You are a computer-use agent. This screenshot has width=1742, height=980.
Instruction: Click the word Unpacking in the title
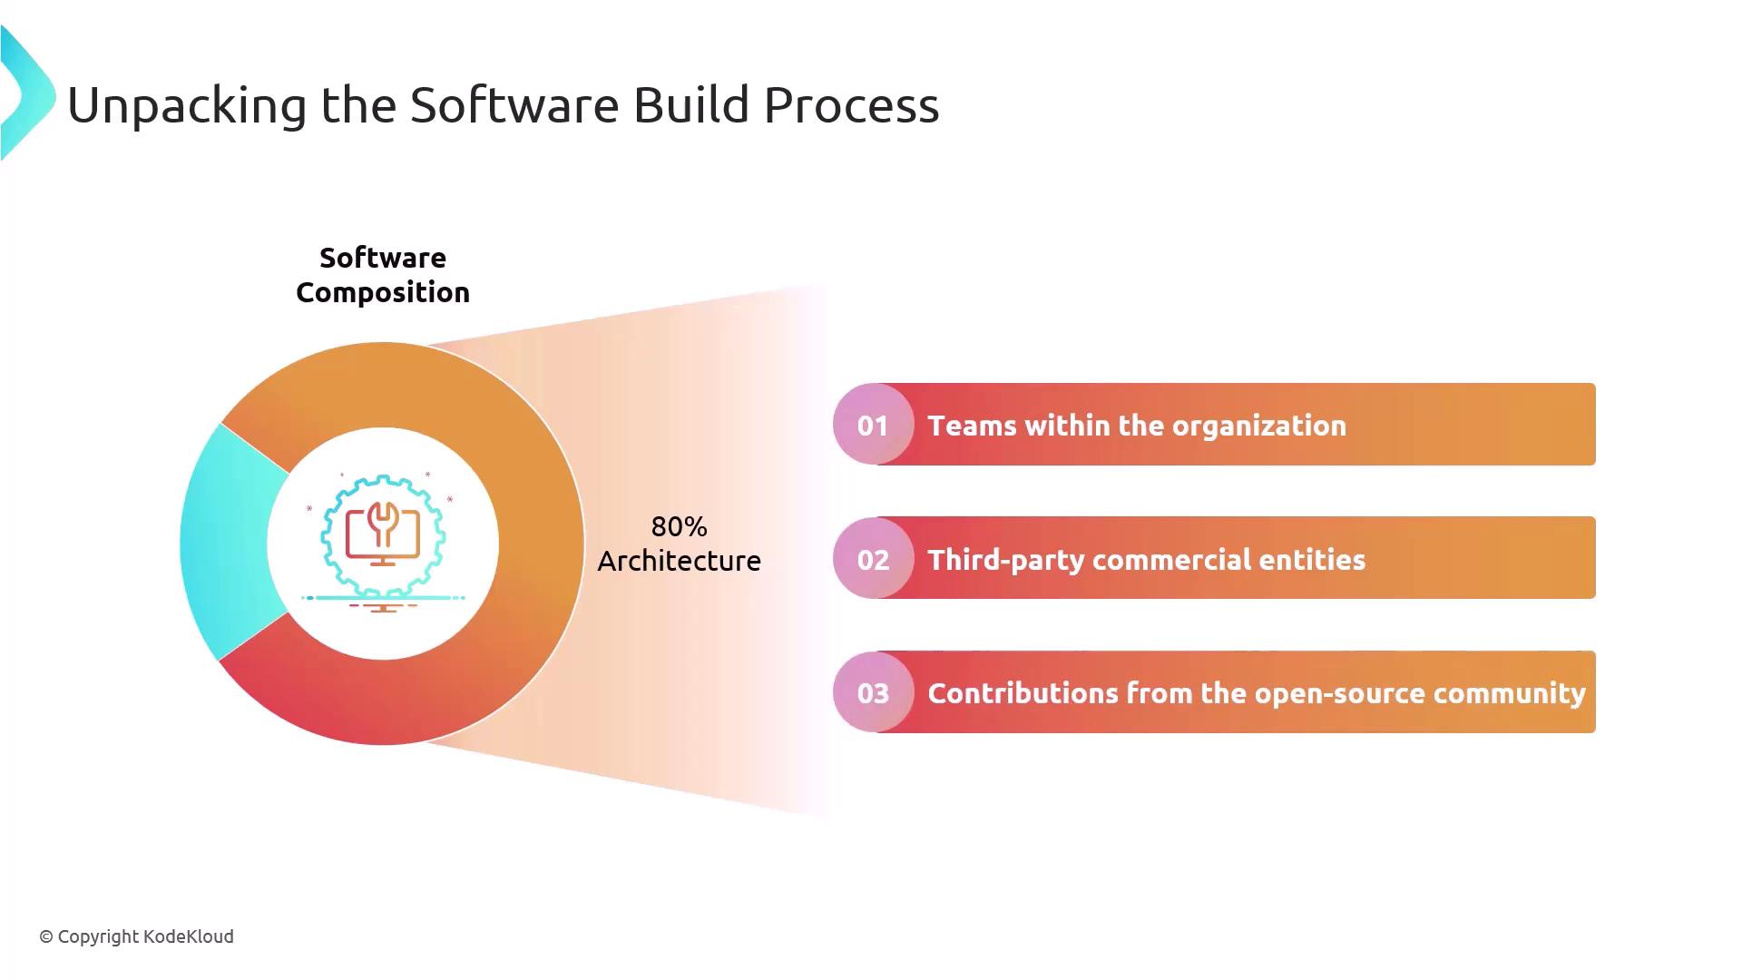pyautogui.click(x=188, y=105)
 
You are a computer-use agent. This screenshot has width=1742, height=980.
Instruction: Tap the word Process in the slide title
pyautogui.click(x=851, y=104)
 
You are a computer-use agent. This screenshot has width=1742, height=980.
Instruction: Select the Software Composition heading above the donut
pyautogui.click(x=383, y=275)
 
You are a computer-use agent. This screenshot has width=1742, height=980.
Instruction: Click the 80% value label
pyautogui.click(x=679, y=526)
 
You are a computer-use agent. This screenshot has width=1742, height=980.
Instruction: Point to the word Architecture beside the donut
pyautogui.click(x=679, y=561)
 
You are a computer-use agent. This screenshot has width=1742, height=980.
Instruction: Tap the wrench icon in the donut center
pyautogui.click(x=383, y=524)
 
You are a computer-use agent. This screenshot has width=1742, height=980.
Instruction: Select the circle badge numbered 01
pyautogui.click(x=873, y=425)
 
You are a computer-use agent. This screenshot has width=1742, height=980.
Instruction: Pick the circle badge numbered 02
pyautogui.click(x=873, y=558)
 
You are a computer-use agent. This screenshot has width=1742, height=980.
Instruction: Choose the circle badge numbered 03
pyautogui.click(x=873, y=692)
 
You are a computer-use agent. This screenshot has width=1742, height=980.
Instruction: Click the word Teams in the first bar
pyautogui.click(x=972, y=426)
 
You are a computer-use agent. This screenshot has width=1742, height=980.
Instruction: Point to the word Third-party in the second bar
pyautogui.click(x=1006, y=560)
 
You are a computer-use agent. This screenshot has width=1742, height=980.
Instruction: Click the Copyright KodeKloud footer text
pyautogui.click(x=136, y=936)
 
